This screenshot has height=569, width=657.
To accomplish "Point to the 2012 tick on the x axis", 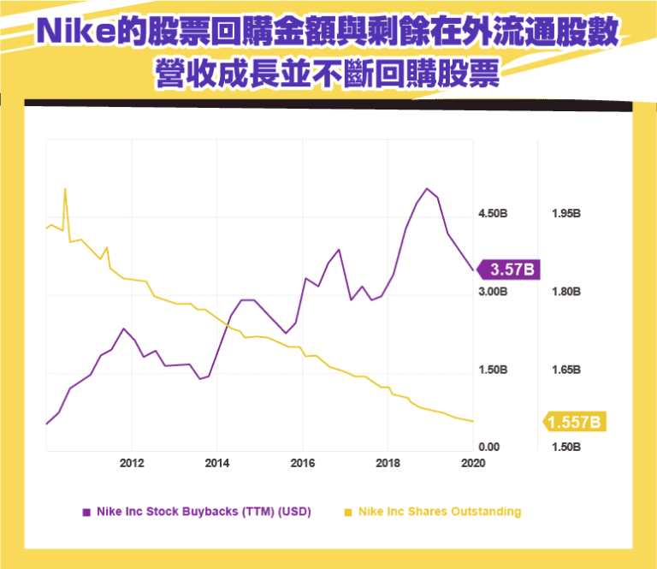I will pos(132,463).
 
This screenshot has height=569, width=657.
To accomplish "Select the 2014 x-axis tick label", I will pos(217,463).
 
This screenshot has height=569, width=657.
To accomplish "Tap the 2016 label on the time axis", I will pos(303,463).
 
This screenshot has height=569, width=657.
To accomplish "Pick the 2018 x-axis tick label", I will pos(388,463).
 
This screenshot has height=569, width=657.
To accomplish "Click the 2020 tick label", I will pos(473,463).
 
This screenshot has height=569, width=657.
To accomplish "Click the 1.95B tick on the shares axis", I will pos(567,214).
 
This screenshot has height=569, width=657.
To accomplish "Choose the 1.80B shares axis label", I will pos(567,292).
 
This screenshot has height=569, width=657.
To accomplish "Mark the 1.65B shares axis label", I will pos(567,370).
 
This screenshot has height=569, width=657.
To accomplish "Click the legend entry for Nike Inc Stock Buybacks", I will pos(197,513).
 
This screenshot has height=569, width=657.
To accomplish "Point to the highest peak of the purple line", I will pos(426,188).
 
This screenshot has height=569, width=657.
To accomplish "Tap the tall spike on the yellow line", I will pos(65,189).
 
